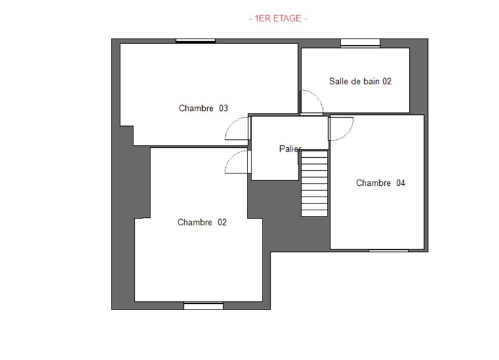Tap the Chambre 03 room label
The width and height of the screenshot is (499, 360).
click(x=203, y=108)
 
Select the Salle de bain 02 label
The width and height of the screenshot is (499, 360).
click(x=360, y=81)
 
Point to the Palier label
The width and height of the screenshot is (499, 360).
click(x=290, y=149)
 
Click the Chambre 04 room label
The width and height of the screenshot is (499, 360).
click(x=380, y=183)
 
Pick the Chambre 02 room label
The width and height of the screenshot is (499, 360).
click(x=202, y=222)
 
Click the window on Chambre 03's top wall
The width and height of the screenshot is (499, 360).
click(x=195, y=41)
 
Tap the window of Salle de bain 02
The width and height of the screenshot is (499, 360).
click(x=360, y=43)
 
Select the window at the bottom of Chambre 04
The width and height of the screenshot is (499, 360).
click(x=388, y=250)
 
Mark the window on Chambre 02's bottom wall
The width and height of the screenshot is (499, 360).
click(x=203, y=305)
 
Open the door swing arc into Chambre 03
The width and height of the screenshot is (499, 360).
click(x=235, y=130)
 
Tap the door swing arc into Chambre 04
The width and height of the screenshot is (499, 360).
click(x=341, y=129)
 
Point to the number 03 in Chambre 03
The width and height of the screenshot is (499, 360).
click(x=223, y=108)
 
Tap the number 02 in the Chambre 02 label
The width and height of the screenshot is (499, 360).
click(x=221, y=222)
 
